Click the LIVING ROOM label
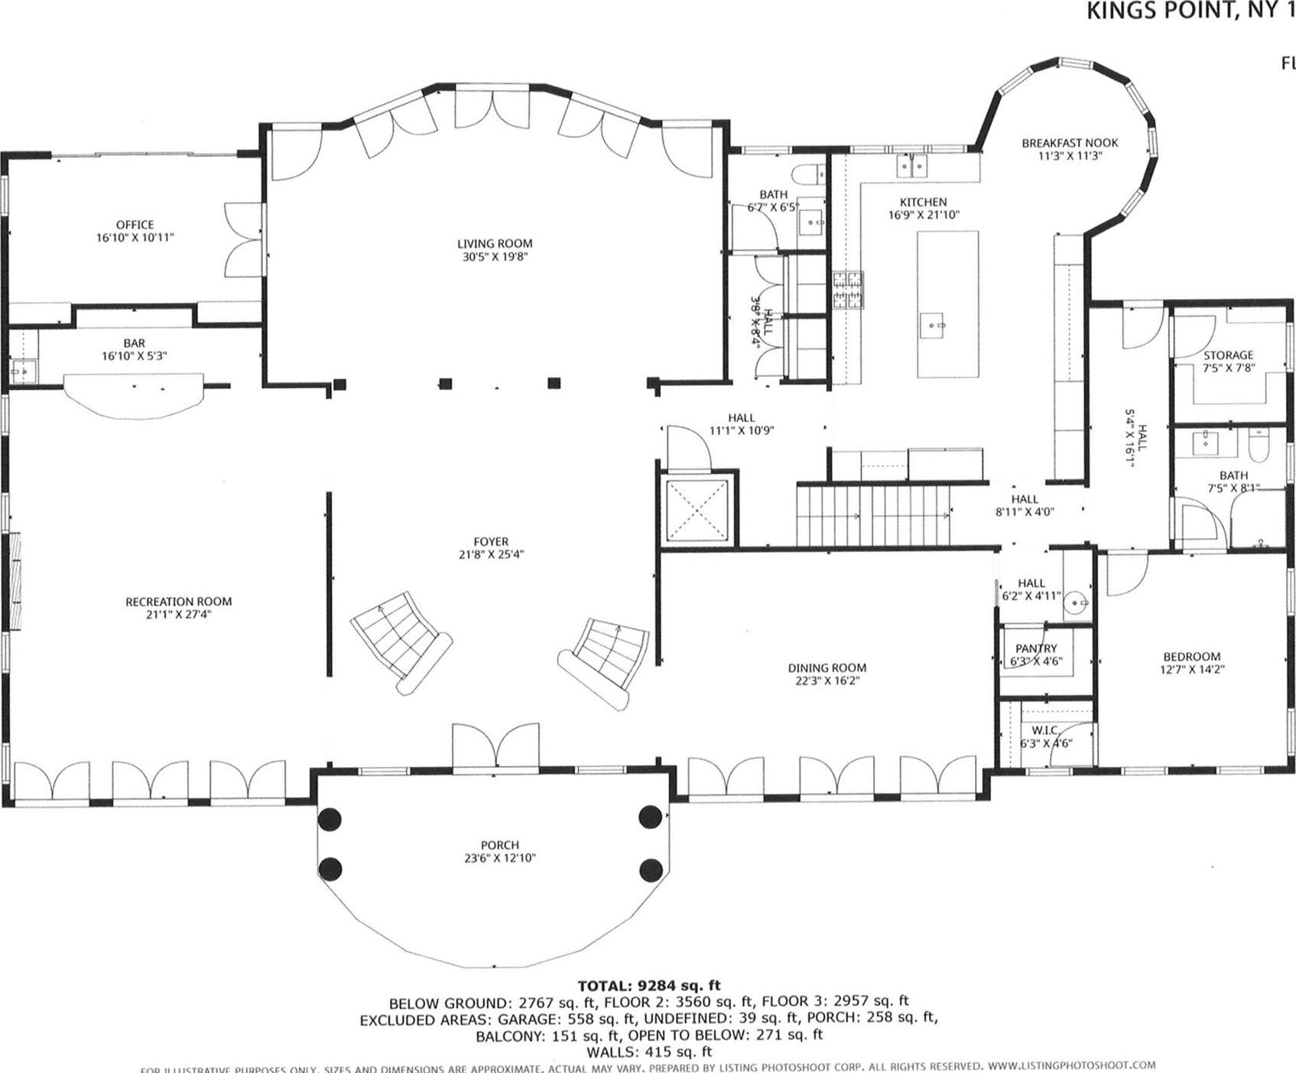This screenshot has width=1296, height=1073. click(494, 244)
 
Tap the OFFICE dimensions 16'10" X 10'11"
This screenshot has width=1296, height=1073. click(135, 238)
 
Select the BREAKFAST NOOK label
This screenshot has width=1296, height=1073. click(1070, 143)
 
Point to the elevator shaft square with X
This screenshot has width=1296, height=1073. click(697, 510)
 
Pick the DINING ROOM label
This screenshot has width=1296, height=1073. click(827, 668)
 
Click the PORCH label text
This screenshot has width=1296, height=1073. click(499, 845)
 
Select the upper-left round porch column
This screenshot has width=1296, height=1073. click(330, 819)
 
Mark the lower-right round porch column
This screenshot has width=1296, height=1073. click(651, 869)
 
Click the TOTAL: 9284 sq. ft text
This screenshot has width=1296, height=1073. click(648, 986)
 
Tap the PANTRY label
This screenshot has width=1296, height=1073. click(1036, 649)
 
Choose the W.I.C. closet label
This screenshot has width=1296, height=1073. click(1044, 730)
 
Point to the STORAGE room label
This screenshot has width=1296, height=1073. click(1228, 355)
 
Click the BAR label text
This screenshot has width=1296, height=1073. click(134, 343)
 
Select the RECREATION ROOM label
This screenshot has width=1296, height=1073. click(178, 602)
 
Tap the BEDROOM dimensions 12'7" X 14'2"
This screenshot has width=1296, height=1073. click(1191, 669)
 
